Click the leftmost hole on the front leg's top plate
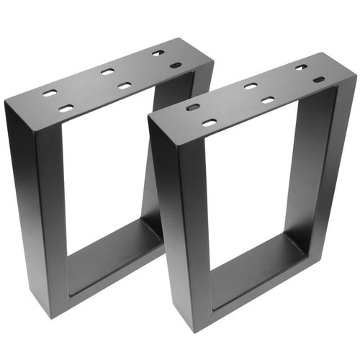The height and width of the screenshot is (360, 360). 192,107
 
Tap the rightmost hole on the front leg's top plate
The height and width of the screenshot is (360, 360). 318,79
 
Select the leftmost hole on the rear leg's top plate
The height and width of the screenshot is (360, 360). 49,93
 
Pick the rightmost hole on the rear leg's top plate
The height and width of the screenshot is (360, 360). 175,66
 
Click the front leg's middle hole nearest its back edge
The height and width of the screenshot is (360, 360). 250,86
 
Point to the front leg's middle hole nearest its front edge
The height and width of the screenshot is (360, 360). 267,100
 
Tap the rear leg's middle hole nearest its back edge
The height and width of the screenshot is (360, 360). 107,71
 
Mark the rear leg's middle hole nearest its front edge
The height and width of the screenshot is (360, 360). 125,86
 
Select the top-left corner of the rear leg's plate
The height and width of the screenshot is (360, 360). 6,100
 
